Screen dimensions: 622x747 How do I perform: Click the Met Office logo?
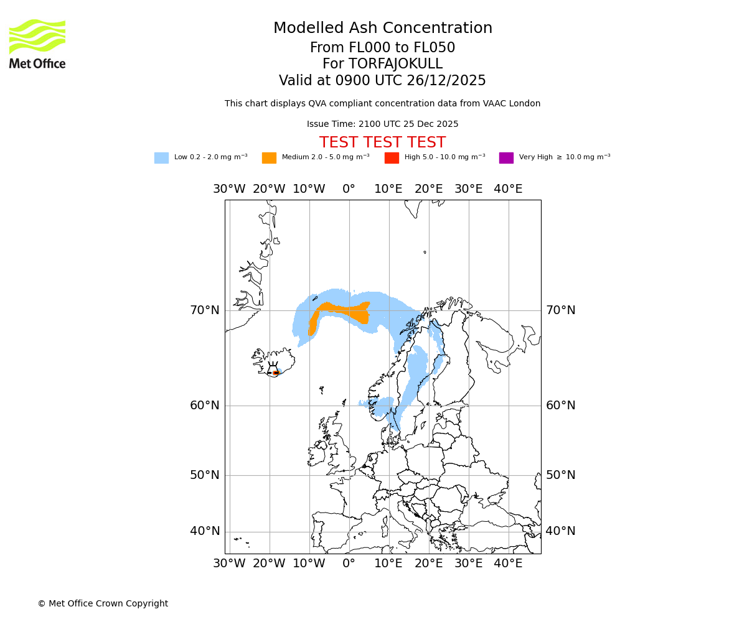coord(37,44)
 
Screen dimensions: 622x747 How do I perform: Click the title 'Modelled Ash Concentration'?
coord(382,28)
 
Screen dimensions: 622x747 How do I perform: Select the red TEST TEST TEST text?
coord(382,142)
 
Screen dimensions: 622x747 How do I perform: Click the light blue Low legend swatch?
coord(161,158)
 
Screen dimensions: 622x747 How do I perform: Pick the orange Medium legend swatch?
coord(269,158)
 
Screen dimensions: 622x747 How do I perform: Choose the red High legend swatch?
coord(392,158)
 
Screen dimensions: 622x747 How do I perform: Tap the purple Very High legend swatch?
coord(506,158)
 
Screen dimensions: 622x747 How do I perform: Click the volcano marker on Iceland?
coord(275,372)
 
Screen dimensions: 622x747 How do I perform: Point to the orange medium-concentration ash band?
coord(342,309)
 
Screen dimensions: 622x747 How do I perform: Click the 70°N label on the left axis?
coord(205,310)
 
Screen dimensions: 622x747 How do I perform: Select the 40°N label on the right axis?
coord(560,531)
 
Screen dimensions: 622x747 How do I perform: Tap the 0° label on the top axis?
coord(349,189)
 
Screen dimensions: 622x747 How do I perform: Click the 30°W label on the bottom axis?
coord(229,564)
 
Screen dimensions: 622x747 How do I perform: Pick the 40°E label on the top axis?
coord(508,189)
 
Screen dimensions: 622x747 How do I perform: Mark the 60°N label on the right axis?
coord(560,406)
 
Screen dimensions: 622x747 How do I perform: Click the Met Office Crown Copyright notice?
coord(103,603)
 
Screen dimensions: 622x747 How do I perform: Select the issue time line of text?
coord(382,124)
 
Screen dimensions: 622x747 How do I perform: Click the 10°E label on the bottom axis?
coord(388,564)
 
